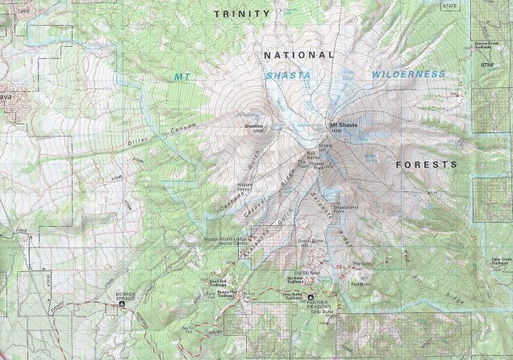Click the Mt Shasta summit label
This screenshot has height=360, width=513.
(x=343, y=124)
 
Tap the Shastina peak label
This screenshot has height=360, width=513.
(x=253, y=128)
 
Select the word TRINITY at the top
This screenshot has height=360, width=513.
(x=240, y=14)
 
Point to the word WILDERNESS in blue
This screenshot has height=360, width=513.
(x=408, y=74)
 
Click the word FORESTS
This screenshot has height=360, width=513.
(x=426, y=164)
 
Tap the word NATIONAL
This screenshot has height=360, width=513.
(x=298, y=54)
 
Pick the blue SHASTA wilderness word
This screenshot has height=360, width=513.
(x=287, y=75)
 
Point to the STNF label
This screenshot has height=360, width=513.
(x=486, y=64)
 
